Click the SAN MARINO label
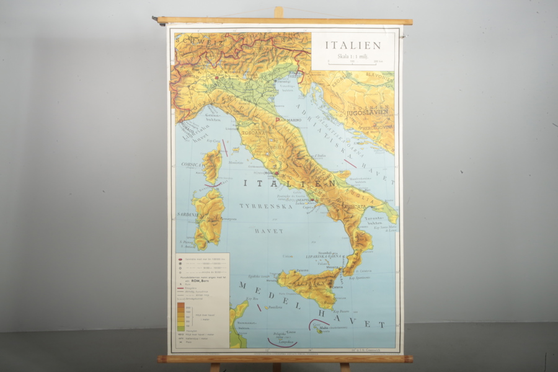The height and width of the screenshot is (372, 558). [290, 120]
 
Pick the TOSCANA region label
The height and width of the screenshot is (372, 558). [254, 132]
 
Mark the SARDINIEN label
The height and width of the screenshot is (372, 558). [188, 214]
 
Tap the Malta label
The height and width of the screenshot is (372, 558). [324, 328]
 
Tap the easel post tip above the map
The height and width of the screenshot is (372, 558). [278, 11]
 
